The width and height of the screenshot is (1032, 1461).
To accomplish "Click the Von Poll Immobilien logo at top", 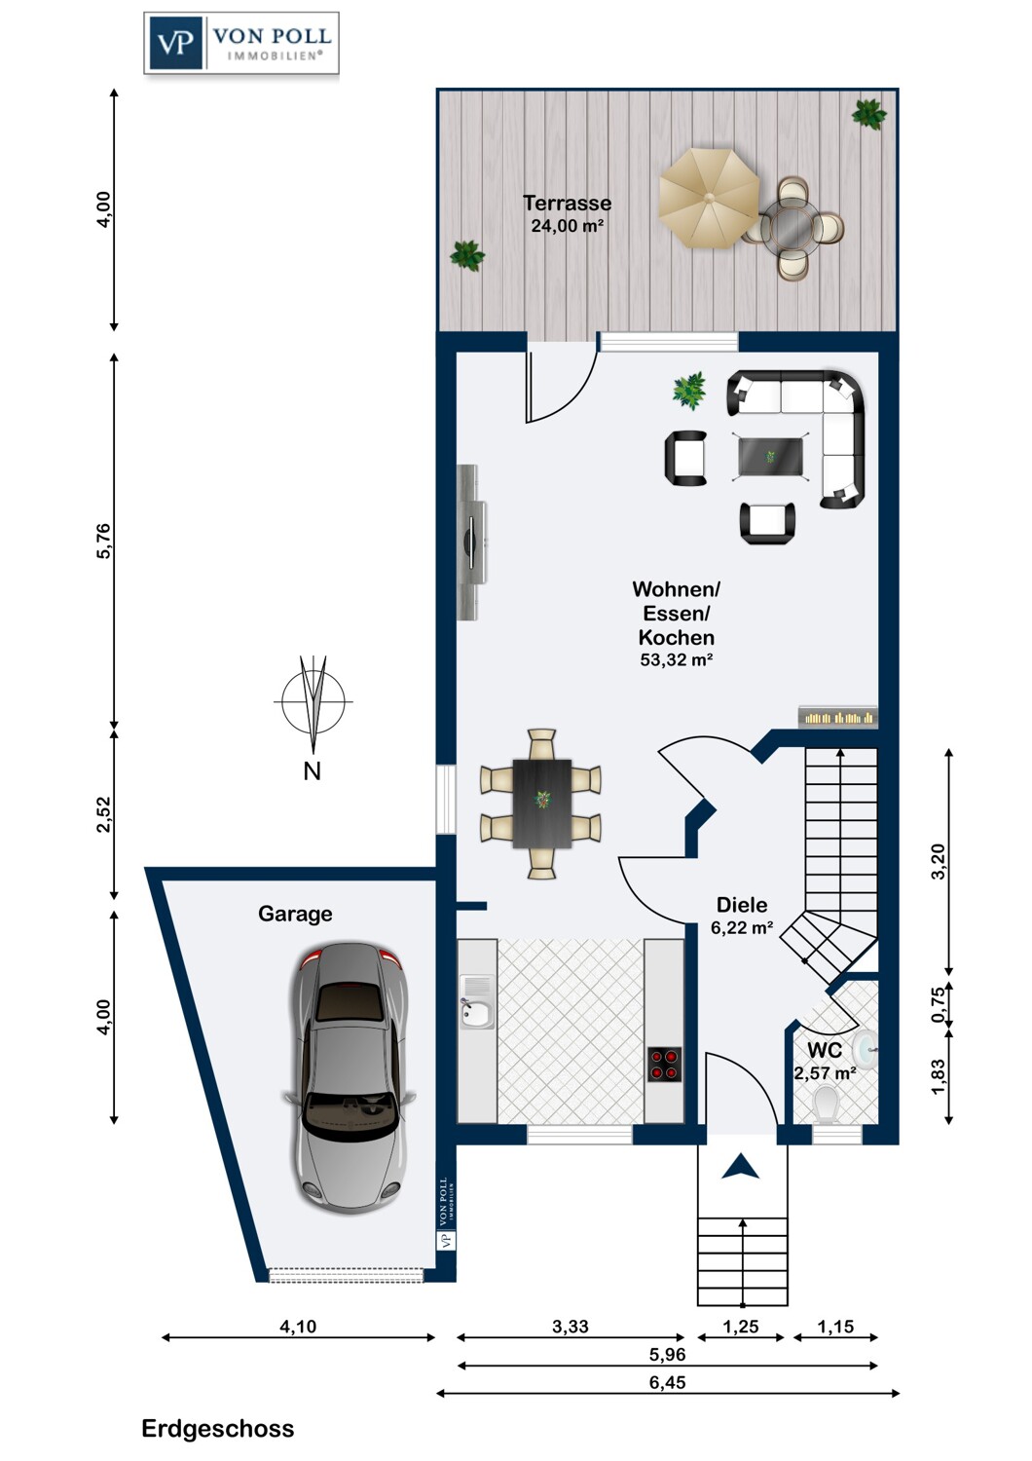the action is tap(241, 43).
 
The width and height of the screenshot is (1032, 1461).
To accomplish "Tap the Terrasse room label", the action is tap(567, 203).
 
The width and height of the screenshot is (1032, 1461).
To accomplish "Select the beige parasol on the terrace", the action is tap(710, 199).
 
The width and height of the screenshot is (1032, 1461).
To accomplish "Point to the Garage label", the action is tap(295, 914).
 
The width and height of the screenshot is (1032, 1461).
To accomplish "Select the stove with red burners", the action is tap(664, 1065).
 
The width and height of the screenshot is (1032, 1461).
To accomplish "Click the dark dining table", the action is tap(541, 804).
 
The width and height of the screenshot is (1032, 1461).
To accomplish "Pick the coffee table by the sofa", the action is tap(770, 457).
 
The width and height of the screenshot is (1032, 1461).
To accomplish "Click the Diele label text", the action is tap(741, 905).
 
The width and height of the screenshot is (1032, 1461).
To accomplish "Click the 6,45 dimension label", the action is tap(668, 1382).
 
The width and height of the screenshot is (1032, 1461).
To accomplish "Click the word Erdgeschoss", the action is tap(218, 1429).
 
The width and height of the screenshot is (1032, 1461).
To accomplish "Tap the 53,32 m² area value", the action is tap(676, 659).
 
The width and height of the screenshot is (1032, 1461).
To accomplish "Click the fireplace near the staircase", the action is tap(838, 718).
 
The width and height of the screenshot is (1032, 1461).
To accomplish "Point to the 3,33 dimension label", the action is tap(571, 1326).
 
